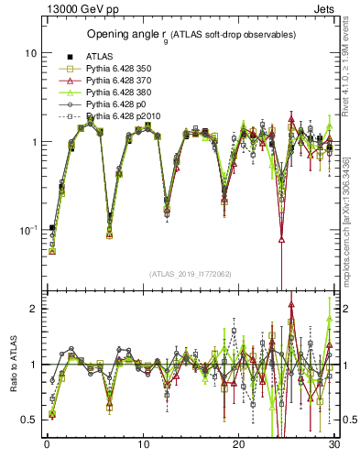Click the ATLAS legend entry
[x=98, y=57]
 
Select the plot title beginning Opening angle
[x=191, y=35]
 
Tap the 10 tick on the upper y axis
[x=29, y=53]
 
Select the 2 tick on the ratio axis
[x=34, y=309]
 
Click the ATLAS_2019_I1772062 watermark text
[x=190, y=274]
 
